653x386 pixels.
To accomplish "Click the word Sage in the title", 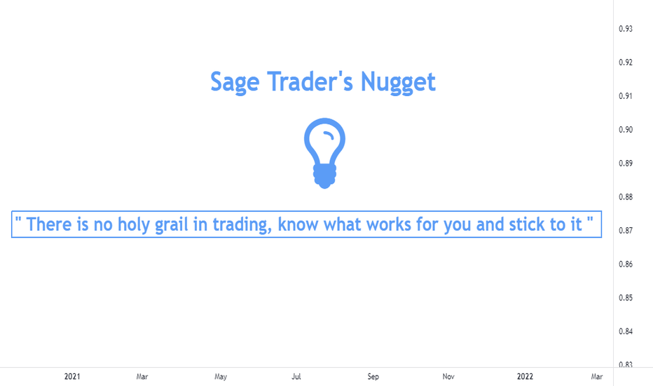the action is tap(235, 82).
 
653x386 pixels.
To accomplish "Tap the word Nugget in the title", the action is tap(398, 82).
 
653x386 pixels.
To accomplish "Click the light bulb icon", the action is tap(325, 153).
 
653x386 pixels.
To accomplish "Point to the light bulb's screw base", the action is tap(325, 176).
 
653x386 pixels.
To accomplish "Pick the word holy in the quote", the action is tap(133, 225).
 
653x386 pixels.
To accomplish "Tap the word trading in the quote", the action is tap(242, 225).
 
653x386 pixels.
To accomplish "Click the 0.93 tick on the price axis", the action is tap(626, 29).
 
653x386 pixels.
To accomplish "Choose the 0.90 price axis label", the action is tap(626, 130).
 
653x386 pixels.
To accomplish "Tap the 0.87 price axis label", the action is tap(626, 230).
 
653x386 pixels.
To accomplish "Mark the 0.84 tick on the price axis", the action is tap(626, 331).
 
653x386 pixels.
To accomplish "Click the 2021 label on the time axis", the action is tap(72, 376).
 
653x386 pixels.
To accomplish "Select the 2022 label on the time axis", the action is tap(525, 376).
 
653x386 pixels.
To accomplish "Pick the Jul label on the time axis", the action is tap(296, 376).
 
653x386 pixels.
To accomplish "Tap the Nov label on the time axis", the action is tap(448, 376).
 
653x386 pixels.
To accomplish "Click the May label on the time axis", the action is tap(221, 377).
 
